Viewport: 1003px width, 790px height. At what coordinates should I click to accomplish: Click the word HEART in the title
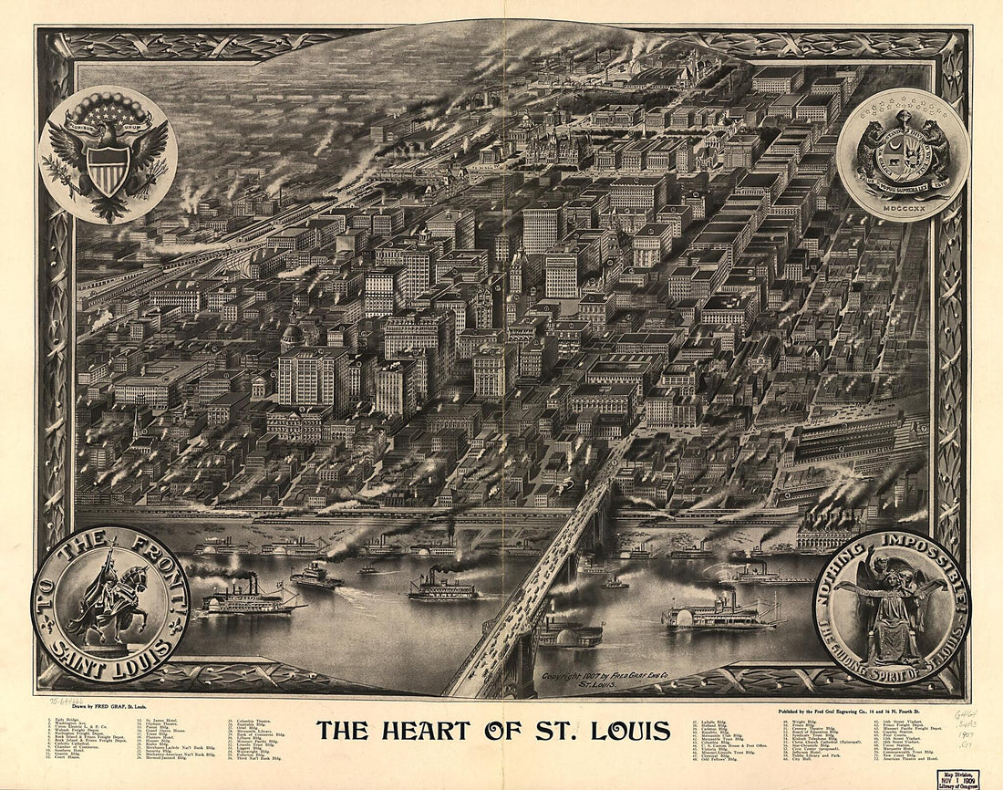pos(428,731)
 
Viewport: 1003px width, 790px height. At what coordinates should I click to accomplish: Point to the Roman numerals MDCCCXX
pos(903,205)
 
